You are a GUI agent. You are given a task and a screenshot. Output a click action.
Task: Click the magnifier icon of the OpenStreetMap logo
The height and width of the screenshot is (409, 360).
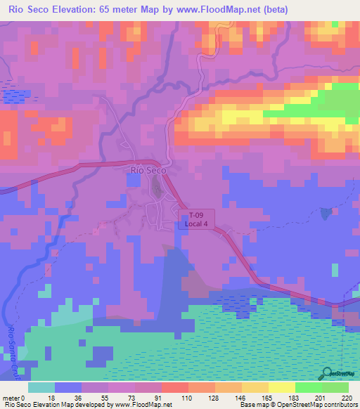tap(326, 373)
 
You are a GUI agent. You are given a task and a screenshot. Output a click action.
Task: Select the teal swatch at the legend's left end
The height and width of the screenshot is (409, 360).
tap(41, 387)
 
